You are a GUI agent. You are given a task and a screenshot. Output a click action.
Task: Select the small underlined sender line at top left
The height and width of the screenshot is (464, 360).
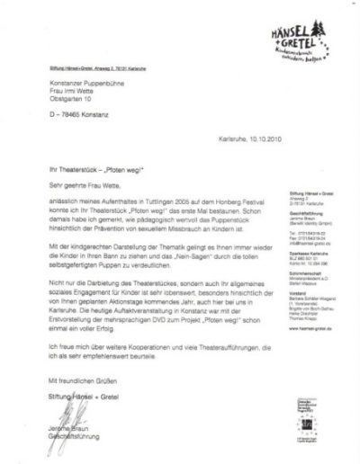click(94, 67)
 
